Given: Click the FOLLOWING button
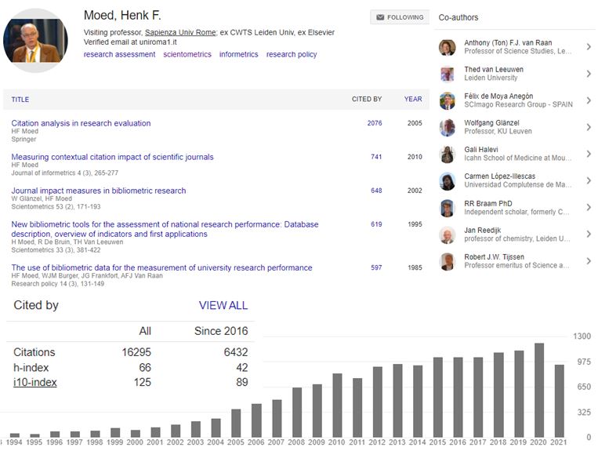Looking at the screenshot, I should [400, 17].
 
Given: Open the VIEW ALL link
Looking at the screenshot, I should [223, 305].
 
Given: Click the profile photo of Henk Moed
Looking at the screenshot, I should [35, 40].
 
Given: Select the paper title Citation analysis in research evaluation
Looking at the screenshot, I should [81, 123].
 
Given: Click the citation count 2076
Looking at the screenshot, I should [375, 123].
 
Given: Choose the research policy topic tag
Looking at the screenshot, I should [292, 55].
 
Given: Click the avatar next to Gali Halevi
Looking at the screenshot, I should [448, 155].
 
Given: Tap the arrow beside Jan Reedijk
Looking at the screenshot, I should [589, 235].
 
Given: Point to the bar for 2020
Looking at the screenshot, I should [539, 390].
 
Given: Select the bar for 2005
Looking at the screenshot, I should [236, 423].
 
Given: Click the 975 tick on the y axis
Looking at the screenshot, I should [582, 362].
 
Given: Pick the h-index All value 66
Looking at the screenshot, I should [144, 367].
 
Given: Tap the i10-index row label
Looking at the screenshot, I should [35, 382].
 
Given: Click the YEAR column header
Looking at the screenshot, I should [413, 100].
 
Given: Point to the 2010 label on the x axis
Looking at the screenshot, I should [336, 443].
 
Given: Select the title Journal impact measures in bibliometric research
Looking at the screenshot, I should [99, 191].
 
